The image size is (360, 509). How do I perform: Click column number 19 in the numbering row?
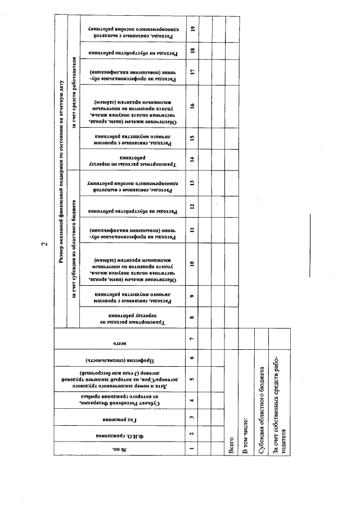pyautogui.click(x=192, y=30)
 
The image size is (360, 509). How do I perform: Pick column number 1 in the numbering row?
pyautogui.click(x=192, y=448)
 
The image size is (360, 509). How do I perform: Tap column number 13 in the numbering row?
pyautogui.click(x=192, y=182)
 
